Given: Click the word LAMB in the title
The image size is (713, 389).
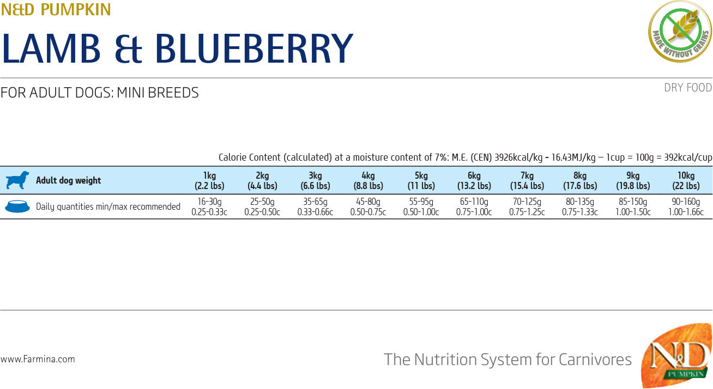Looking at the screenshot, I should (x=52, y=48).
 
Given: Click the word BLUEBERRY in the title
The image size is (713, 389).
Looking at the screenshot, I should (x=254, y=48).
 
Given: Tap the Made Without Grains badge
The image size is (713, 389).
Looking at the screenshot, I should (x=679, y=31).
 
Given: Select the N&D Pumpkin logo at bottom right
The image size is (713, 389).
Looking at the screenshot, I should (x=676, y=356).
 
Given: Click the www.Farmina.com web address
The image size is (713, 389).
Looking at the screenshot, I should (x=38, y=359).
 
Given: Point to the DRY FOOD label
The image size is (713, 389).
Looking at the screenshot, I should (x=688, y=88).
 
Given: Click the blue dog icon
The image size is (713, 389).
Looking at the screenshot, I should (x=17, y=180).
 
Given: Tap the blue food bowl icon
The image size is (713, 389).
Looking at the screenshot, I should (x=17, y=206).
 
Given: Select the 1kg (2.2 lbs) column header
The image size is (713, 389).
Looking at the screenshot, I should (x=209, y=180).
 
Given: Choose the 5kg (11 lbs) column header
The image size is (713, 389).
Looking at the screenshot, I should (x=421, y=180).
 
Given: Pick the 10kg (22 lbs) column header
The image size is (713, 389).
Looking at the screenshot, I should (x=686, y=180).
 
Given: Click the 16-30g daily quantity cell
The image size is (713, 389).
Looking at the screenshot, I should (x=209, y=206).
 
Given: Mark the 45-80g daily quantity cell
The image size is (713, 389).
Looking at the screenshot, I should (x=368, y=206).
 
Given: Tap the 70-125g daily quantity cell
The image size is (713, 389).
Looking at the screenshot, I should (x=527, y=206).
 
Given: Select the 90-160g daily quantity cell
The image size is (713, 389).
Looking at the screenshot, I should (x=686, y=206).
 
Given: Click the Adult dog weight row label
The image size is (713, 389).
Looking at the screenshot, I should (x=68, y=180).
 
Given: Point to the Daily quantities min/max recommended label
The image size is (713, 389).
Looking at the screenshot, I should (x=108, y=206).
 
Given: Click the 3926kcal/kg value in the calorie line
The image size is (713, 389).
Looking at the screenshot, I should (x=518, y=157).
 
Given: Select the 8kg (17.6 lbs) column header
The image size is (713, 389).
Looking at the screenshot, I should (x=579, y=180).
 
